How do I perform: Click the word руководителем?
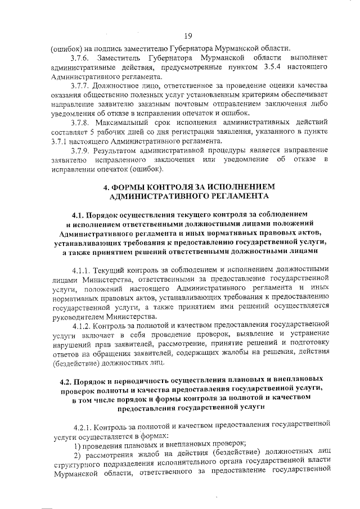coord(78,316)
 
